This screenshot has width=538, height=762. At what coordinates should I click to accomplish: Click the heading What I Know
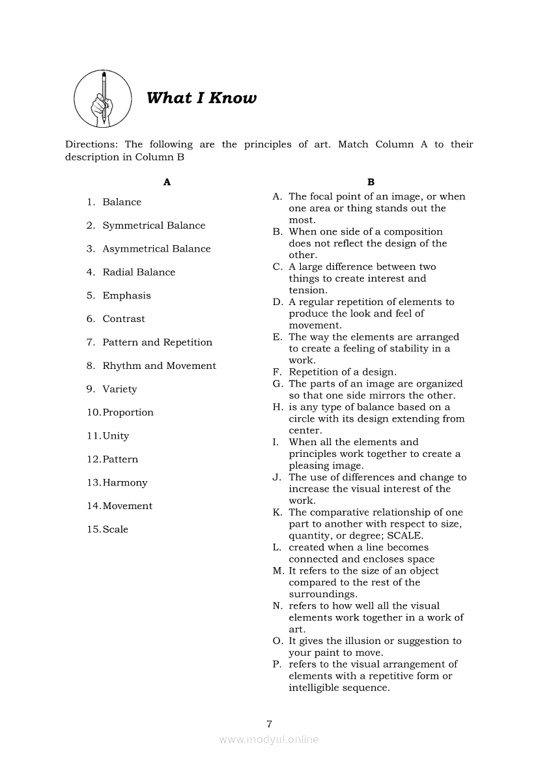(201, 98)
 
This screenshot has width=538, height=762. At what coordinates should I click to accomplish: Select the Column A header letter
(167, 183)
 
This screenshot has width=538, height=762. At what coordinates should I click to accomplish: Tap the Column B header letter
(371, 183)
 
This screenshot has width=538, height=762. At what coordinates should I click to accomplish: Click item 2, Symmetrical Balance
(153, 226)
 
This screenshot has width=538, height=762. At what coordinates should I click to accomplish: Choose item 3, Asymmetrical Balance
(156, 249)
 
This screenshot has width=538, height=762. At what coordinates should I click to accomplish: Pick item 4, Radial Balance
(139, 272)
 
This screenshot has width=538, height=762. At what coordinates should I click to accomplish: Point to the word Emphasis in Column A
(126, 296)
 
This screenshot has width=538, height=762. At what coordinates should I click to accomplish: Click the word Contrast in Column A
(124, 319)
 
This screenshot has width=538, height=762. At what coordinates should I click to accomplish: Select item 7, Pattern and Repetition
(157, 343)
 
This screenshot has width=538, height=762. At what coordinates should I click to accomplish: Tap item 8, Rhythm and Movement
(159, 366)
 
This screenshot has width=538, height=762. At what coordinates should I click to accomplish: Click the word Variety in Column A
(120, 390)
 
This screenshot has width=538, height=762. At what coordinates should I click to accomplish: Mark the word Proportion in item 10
(128, 413)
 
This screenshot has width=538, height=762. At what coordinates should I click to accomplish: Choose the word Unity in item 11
(116, 436)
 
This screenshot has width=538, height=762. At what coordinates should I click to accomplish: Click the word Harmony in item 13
(125, 483)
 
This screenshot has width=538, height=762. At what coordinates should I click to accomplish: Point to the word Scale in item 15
(115, 530)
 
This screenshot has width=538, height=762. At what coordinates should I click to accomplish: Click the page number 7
(269, 724)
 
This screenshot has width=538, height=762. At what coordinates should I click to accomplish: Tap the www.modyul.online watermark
(269, 740)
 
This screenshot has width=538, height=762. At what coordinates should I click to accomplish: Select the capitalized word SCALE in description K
(404, 536)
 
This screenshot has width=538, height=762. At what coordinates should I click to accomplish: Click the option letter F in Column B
(276, 372)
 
